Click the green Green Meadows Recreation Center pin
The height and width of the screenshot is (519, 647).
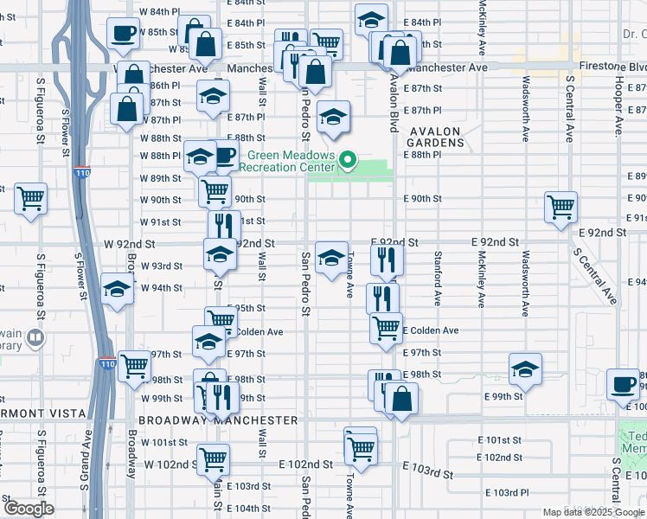coord(348,161)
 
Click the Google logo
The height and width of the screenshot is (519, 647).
coord(29,508)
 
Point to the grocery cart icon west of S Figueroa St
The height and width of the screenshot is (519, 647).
coord(31,198)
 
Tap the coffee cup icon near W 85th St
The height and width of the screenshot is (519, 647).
coord(123,34)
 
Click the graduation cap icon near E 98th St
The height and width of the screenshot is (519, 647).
coord(525,369)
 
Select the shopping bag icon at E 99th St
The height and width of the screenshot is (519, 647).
coord(400,398)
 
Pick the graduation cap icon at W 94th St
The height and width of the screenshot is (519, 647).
coord(115,289)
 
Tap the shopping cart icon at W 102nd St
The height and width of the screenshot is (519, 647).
coord(213,458)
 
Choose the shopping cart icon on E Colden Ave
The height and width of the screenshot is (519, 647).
coord(386,328)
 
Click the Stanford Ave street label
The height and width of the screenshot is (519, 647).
coord(439,280)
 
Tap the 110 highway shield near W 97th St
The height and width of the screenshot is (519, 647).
coord(106,364)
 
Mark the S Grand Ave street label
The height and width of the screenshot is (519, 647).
coord(88,449)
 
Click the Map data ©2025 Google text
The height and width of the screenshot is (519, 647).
coord(593,511)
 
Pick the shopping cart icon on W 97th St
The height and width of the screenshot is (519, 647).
coord(134,366)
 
